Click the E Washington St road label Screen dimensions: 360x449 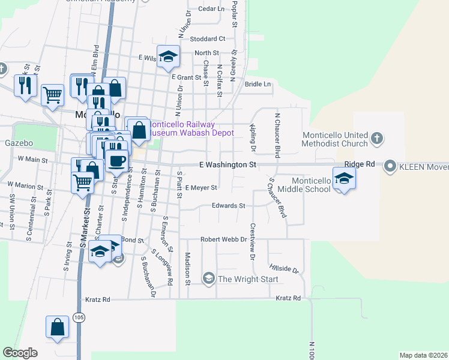tap(228, 164)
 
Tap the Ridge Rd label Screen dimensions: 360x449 tap(360, 164)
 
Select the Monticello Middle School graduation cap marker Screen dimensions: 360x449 tap(344, 179)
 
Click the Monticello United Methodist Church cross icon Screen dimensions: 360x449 tap(376, 138)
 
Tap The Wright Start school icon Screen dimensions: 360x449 tap(208, 278)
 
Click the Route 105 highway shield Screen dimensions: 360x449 tap(80, 316)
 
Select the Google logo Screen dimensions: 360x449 tap(20, 353)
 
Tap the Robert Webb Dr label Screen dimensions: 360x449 tap(224, 239)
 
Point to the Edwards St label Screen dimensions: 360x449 tap(228, 206)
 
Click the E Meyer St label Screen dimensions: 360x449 tap(200, 188)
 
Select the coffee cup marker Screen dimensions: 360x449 tap(116, 160)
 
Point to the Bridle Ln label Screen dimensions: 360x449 tap(258, 85)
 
